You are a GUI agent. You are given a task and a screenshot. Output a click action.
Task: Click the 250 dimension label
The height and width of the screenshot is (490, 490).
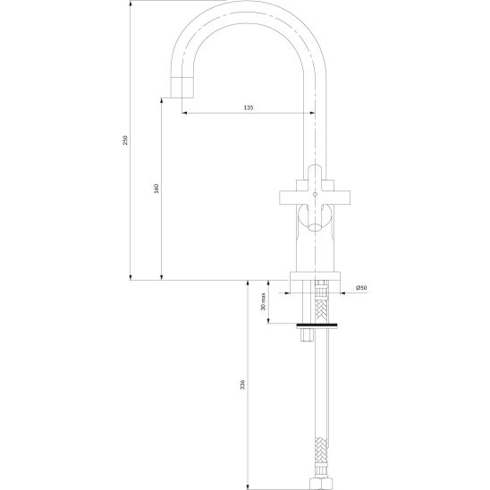pos(125,139)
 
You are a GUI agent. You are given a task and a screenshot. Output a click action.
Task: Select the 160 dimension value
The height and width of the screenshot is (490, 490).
pos(156,189)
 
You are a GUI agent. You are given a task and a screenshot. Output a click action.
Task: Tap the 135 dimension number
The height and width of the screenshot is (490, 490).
pos(248,108)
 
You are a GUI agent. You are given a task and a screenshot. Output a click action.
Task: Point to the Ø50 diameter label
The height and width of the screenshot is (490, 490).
pos(361,288)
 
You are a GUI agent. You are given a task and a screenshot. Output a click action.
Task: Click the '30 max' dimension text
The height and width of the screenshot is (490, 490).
pos(263,301)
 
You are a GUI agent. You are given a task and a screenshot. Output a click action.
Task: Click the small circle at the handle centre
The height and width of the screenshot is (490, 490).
pos(315,194)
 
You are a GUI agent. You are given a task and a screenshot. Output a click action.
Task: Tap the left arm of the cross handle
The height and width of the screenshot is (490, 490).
pos(288,198)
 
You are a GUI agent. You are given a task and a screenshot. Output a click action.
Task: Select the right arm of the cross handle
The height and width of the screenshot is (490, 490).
pos(342,198)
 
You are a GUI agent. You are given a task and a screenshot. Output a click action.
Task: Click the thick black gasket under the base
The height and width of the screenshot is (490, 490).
pos(317,324)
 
